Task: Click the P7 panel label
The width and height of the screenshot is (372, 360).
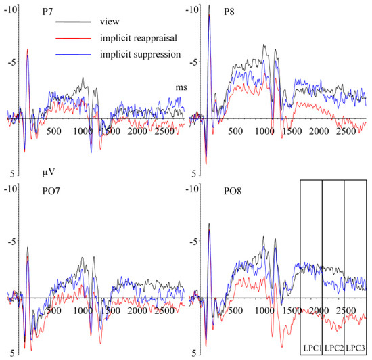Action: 34,11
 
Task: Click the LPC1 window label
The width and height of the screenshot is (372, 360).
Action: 310,349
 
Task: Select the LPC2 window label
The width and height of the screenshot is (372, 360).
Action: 333,349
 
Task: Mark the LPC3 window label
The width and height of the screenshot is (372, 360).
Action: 356,349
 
